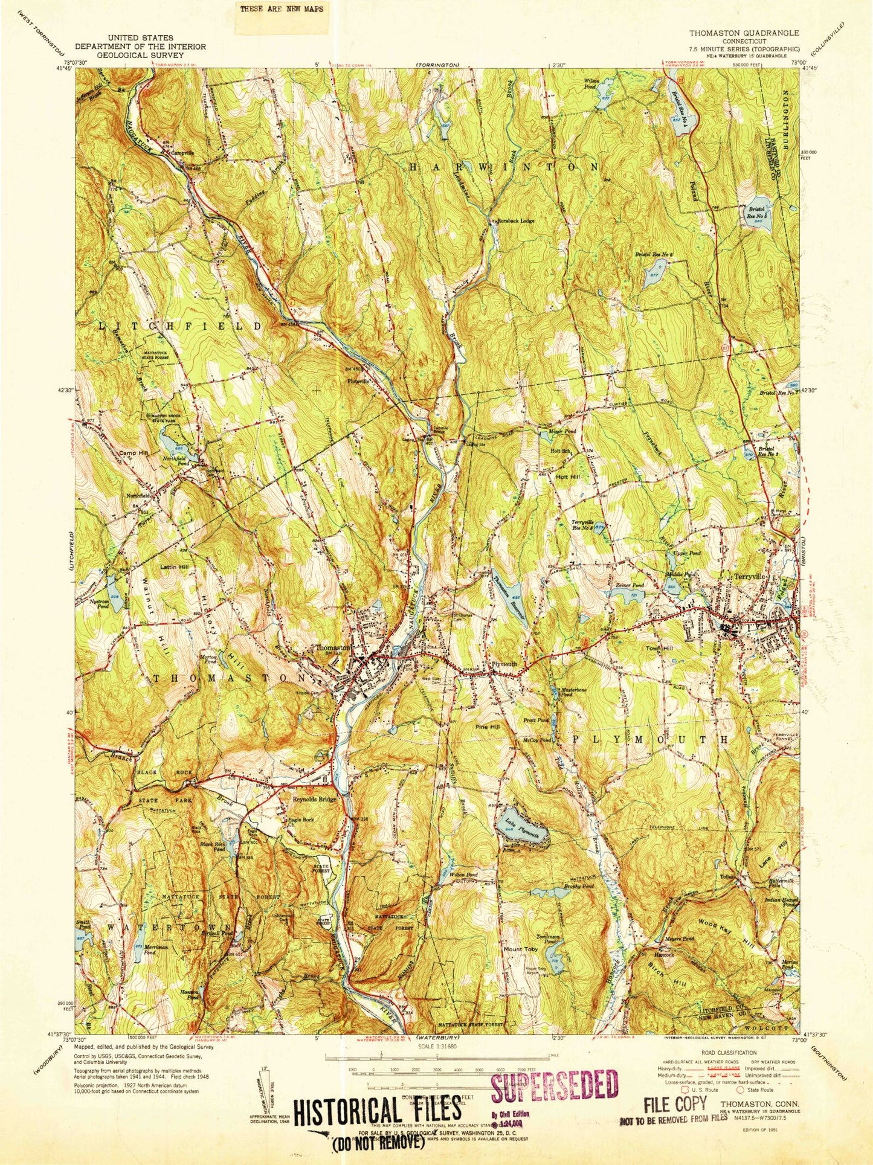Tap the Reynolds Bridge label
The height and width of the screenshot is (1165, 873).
coord(314,799)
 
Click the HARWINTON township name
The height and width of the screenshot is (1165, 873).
coord(504,166)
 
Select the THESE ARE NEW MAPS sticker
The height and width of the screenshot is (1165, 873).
coord(282,9)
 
